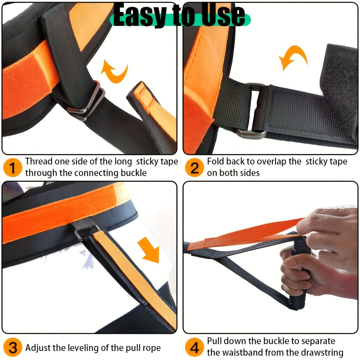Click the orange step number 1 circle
13,168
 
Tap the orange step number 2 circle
194,168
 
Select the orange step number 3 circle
13,347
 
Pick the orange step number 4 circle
194,347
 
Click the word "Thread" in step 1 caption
39,161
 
